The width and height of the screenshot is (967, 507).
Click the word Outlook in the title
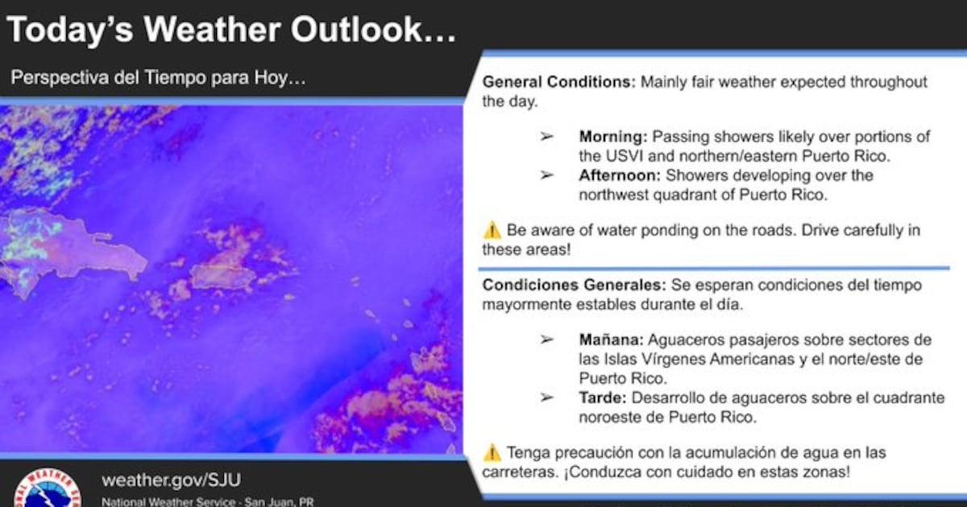pyautogui.click(x=373, y=29)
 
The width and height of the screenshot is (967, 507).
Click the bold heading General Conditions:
pyautogui.click(x=559, y=82)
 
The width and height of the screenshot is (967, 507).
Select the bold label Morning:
pyautogui.click(x=613, y=137)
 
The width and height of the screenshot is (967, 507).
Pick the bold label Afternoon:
pyautogui.click(x=620, y=175)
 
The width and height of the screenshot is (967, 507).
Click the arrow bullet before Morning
pyautogui.click(x=546, y=137)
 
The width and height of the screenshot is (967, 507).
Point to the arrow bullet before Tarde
pyautogui.click(x=546, y=397)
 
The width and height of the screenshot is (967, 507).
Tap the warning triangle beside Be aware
pyautogui.click(x=492, y=230)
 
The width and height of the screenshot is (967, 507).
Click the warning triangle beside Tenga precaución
pyautogui.click(x=492, y=453)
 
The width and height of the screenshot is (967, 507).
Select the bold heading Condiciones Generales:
pyautogui.click(x=574, y=285)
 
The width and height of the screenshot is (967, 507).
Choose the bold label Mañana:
pyautogui.click(x=612, y=340)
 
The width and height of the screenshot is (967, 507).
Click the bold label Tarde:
pyautogui.click(x=603, y=398)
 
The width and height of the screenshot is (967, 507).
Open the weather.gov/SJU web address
pyautogui.click(x=172, y=480)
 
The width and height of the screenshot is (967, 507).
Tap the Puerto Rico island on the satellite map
pyautogui.click(x=223, y=277)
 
